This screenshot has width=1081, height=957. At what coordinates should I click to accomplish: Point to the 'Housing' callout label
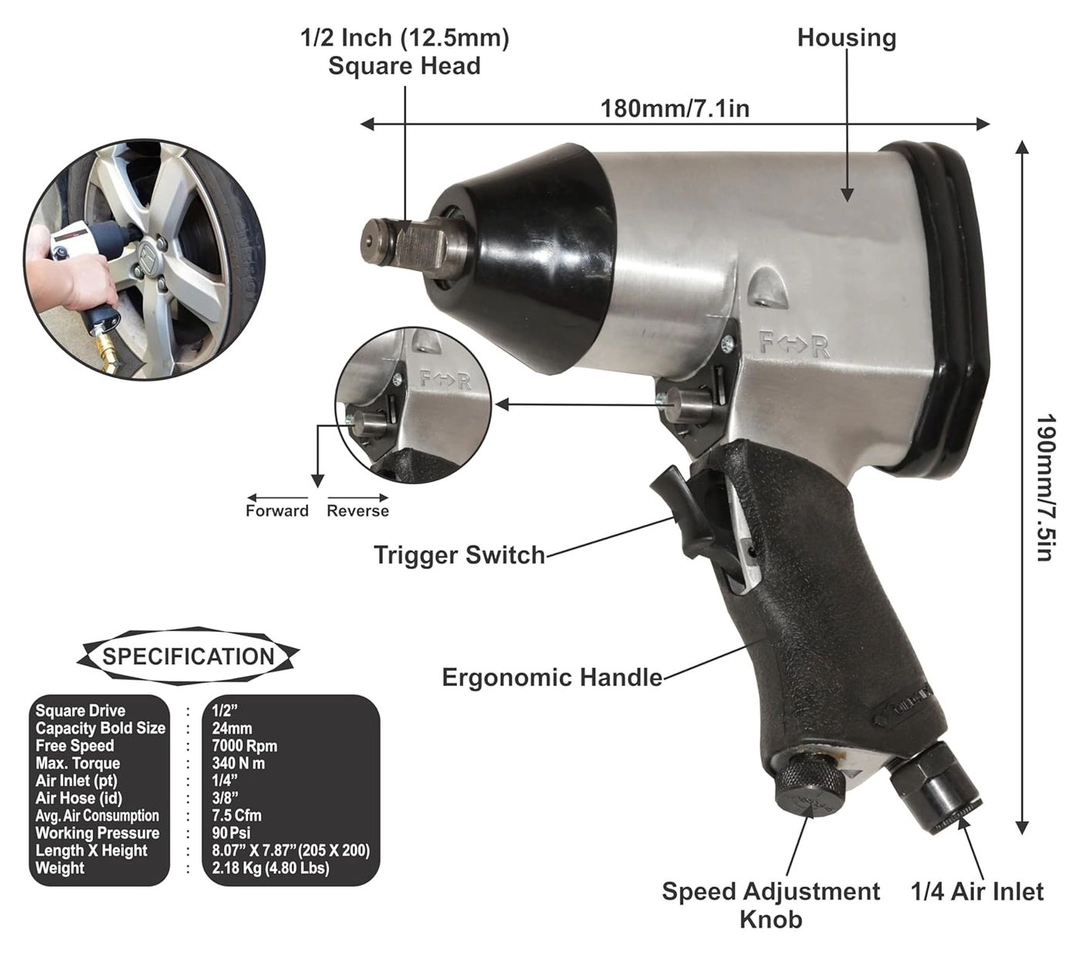click(846, 38)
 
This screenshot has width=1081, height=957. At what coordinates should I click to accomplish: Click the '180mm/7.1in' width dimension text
click(675, 108)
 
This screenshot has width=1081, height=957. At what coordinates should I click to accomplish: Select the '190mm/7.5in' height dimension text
click(1044, 488)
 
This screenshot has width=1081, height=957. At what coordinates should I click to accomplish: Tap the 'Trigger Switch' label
click(459, 555)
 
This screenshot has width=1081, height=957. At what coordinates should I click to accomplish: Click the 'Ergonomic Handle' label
click(551, 677)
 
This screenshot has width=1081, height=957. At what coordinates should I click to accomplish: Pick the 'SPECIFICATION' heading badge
click(188, 657)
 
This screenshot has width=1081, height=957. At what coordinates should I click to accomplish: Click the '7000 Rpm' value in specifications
click(244, 746)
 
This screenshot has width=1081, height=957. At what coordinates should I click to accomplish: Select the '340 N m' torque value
click(239, 763)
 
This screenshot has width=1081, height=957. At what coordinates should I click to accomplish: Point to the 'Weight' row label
click(60, 868)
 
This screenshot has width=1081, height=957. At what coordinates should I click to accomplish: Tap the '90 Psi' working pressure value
click(231, 833)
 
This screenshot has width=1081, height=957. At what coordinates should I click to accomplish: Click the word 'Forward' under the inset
click(276, 511)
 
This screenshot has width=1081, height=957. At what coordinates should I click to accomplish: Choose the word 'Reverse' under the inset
click(358, 511)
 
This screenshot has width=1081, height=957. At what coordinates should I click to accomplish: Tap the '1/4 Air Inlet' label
click(977, 892)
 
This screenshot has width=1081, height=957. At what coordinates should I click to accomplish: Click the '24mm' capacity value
click(232, 728)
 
